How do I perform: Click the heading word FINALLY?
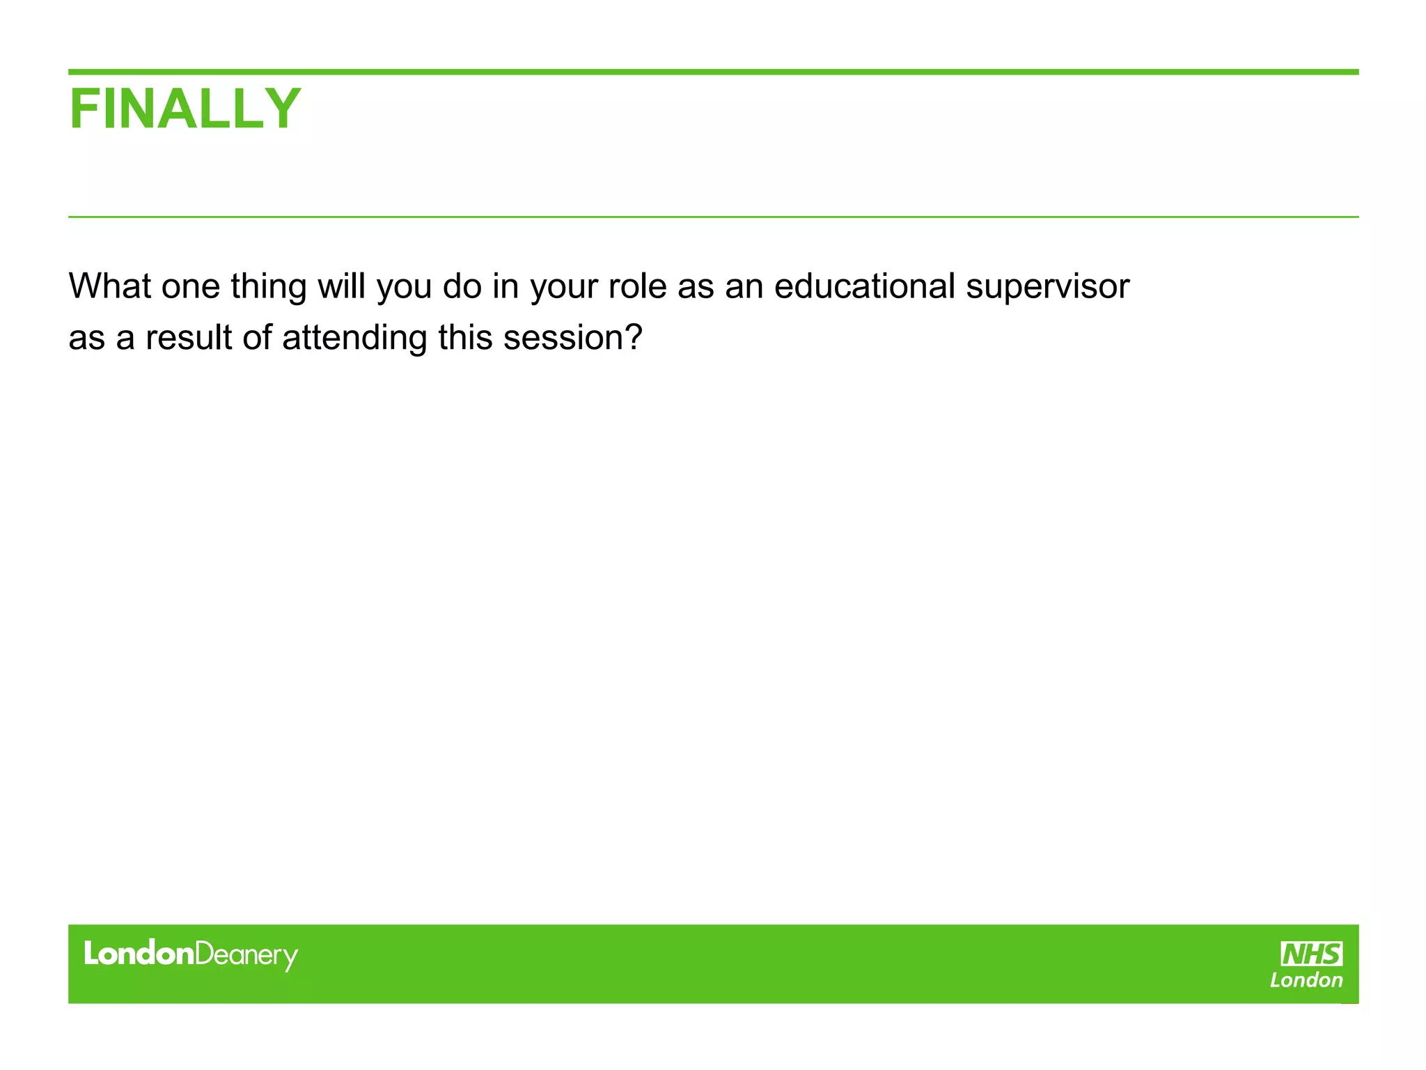[185, 109]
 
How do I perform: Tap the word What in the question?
[109, 286]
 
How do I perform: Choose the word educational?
[864, 286]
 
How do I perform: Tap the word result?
[188, 338]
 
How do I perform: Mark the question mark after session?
[632, 338]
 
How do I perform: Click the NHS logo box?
[1311, 954]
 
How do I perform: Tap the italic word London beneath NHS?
[1306, 980]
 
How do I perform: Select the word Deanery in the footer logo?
[246, 956]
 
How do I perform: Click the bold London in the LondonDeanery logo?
[139, 953]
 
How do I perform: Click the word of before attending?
[257, 338]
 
